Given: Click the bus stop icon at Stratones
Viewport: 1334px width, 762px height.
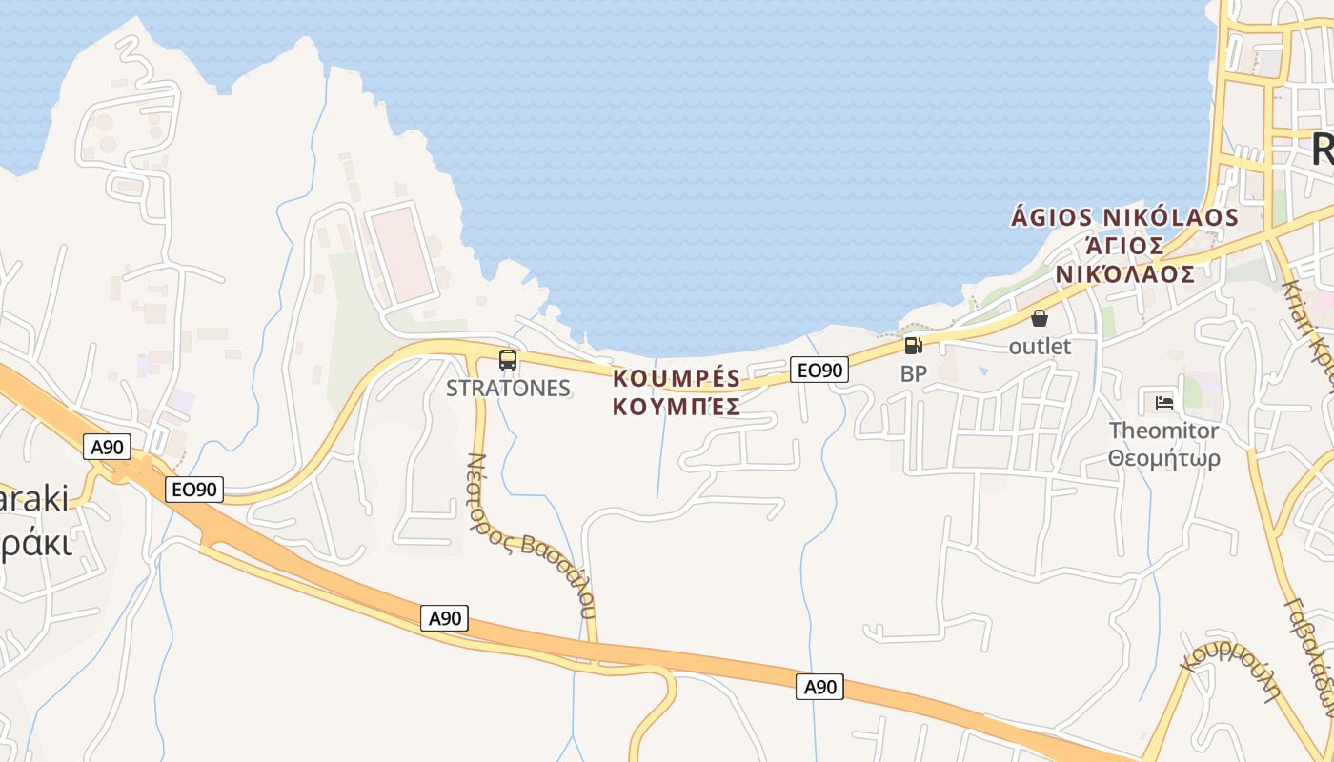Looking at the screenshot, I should (508, 360).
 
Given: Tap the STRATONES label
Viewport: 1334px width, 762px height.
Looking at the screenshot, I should (508, 389).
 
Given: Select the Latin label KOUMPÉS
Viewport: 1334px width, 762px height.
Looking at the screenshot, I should (677, 378).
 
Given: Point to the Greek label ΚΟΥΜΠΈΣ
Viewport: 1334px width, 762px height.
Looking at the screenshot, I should (677, 408).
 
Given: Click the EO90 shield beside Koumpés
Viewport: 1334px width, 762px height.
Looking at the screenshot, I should (819, 370).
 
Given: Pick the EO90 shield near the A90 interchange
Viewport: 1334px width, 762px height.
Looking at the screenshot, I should (193, 490).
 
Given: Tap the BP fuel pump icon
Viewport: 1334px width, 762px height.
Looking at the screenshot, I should (913, 346).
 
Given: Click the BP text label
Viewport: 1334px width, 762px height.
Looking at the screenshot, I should (913, 374).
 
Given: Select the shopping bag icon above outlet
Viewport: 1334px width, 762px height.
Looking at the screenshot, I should (1040, 318).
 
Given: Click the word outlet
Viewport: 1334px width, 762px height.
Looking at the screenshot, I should (1040, 347).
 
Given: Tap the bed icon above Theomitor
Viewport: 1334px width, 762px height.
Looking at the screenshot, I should (1163, 402).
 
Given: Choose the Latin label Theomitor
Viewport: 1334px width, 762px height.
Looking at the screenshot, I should (1163, 431).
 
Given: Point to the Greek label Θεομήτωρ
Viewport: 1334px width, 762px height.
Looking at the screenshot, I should (1163, 459).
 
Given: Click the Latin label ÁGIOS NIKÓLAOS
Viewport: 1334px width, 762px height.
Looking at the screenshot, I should (1124, 217).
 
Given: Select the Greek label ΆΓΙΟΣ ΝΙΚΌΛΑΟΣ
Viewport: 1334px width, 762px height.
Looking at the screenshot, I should (1124, 260).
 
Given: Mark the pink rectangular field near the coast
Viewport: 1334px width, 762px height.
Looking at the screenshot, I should (402, 250).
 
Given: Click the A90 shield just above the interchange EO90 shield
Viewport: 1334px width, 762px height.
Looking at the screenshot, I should (107, 447).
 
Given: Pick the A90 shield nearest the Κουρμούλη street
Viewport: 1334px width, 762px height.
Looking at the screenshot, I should (819, 686).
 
